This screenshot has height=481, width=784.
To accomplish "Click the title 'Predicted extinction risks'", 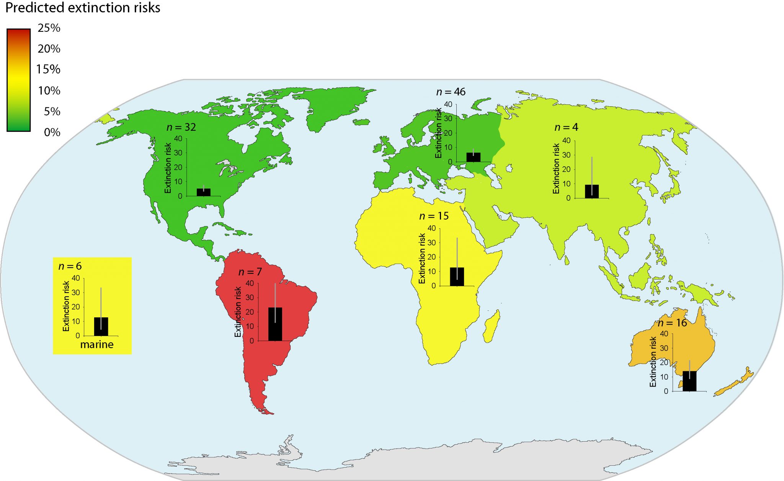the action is click(x=83, y=8).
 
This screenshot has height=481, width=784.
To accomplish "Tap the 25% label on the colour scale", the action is click(x=49, y=28).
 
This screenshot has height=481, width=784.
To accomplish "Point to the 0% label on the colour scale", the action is click(x=52, y=132).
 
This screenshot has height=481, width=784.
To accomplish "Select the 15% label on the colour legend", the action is click(x=48, y=69).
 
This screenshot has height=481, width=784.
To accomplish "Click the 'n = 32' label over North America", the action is click(x=181, y=127).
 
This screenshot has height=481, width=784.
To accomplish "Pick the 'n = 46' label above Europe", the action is click(x=451, y=92).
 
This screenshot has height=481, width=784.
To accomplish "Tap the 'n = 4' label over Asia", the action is click(x=566, y=127).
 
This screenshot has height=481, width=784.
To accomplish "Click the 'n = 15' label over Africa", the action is click(x=434, y=216).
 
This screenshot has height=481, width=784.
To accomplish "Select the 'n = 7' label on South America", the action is click(x=250, y=272).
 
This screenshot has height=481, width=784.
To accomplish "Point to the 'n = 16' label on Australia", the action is click(x=673, y=323).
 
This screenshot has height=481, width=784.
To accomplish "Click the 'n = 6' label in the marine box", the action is click(x=70, y=266).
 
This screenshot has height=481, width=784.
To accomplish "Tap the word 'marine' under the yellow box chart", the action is click(x=97, y=344).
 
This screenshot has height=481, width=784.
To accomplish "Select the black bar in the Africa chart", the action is click(x=457, y=277).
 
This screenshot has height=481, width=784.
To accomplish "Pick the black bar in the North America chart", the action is click(x=203, y=192).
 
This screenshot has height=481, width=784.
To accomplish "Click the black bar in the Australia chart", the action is click(x=689, y=381).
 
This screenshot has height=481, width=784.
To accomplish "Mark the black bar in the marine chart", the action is click(x=101, y=327).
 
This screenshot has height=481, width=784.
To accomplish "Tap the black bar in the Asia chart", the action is click(x=591, y=192).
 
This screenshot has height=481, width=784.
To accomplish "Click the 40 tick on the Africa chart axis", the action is click(x=431, y=228).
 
